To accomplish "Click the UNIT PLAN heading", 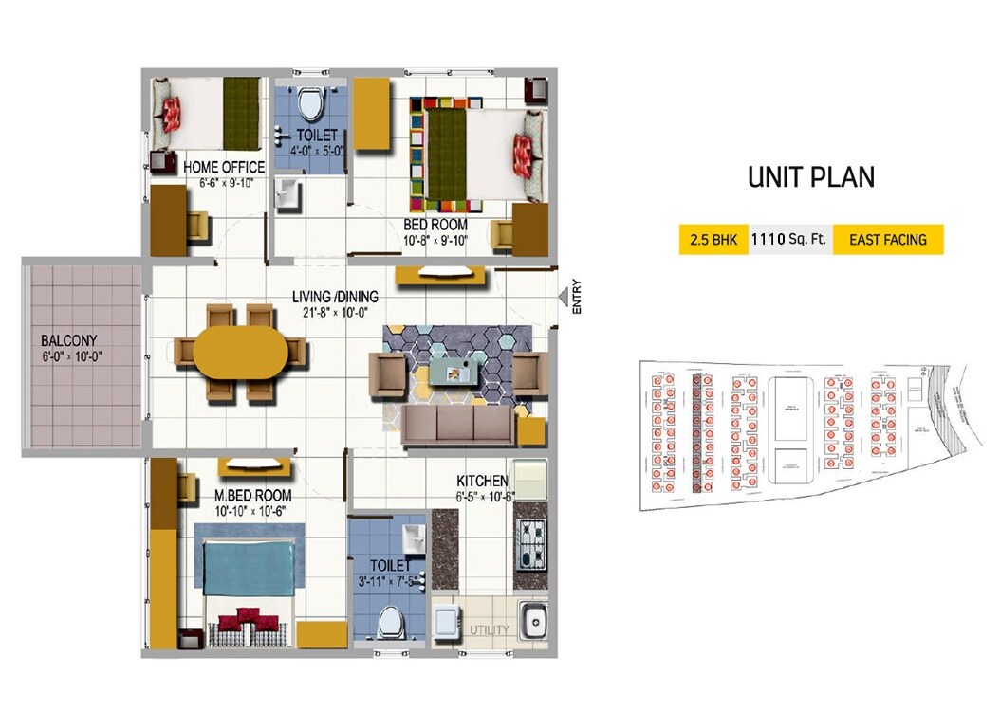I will [x=811, y=177].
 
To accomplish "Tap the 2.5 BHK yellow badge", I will [x=713, y=240].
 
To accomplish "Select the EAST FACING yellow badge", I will [x=888, y=240].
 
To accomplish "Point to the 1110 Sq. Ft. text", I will [x=789, y=240].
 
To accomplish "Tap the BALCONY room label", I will [x=68, y=341].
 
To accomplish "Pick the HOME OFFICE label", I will [x=224, y=168].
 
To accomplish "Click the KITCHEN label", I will [x=483, y=482].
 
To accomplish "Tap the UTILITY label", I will [x=490, y=629].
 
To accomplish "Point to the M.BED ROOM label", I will [x=252, y=496].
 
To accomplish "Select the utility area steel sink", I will [x=532, y=623].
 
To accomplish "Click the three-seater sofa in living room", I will [x=458, y=426].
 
